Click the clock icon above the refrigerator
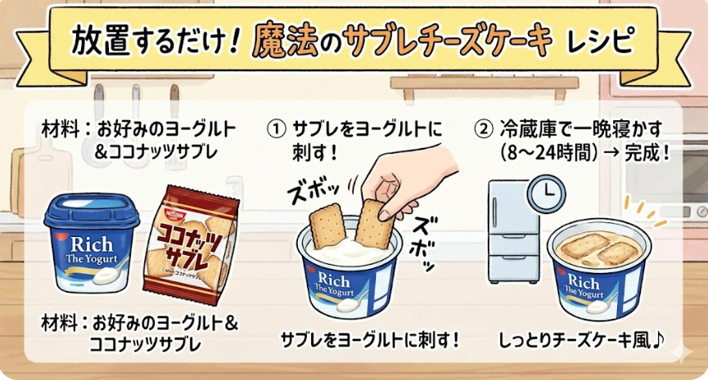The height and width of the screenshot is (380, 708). (547, 194)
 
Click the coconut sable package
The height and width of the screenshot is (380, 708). (191, 244)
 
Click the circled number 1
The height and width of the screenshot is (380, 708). (276, 130)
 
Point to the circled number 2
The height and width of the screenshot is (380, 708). (483, 130)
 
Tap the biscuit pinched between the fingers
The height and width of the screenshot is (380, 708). (373, 224)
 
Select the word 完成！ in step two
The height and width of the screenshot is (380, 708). (646, 154)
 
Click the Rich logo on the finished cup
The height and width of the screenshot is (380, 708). (582, 282)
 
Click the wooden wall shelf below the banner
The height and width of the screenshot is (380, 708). (485, 84)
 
